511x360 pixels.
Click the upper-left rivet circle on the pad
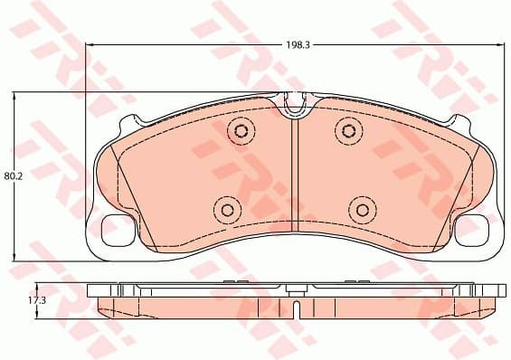pos(240,132)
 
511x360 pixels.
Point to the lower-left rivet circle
pos(225,210)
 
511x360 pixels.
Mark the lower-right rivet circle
pos(363,210)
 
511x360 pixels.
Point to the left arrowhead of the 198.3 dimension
pos(90,43)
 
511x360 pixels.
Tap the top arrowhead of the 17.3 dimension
pos(36,284)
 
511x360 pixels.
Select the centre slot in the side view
pos(296,308)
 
